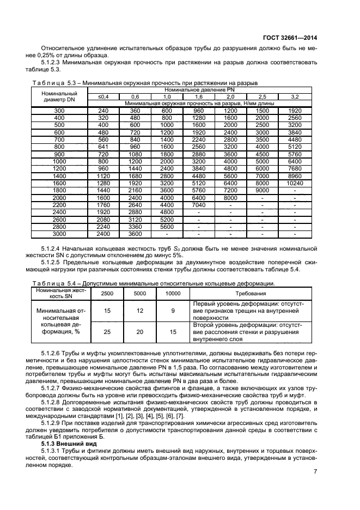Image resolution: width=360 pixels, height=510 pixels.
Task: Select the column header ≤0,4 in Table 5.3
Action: (103, 96)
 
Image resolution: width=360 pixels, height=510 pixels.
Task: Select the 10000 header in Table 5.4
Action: (173, 293)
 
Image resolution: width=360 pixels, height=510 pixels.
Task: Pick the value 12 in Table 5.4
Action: (141, 311)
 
